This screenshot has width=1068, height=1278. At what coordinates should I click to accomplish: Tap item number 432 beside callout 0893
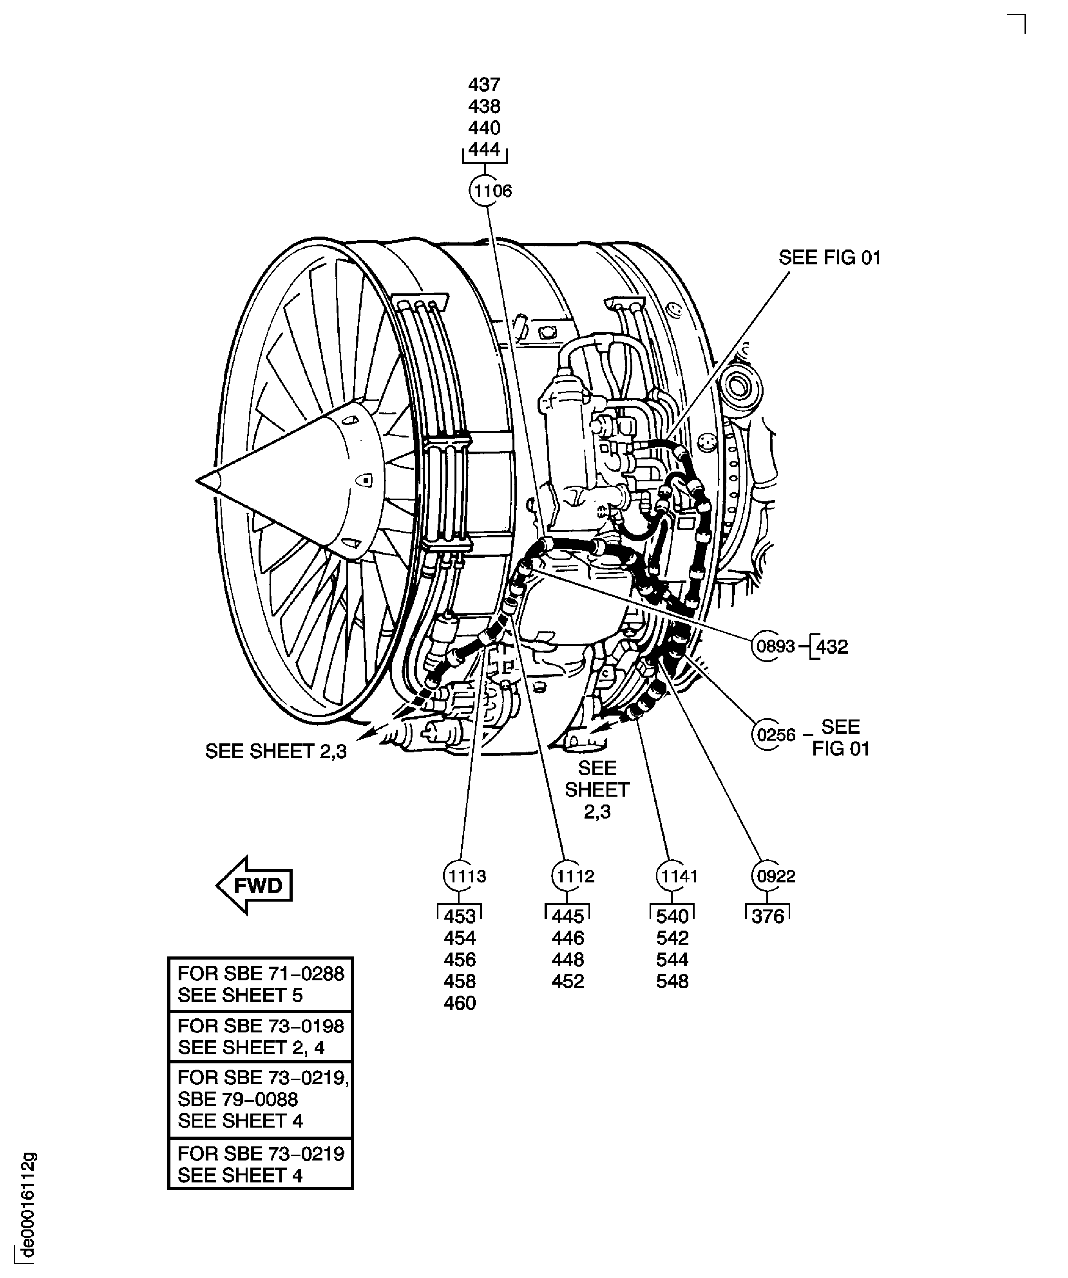[x=832, y=646]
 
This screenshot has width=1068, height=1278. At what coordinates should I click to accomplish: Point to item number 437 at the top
[x=484, y=84]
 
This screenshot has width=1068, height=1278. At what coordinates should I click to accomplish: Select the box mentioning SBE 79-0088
[x=261, y=1099]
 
